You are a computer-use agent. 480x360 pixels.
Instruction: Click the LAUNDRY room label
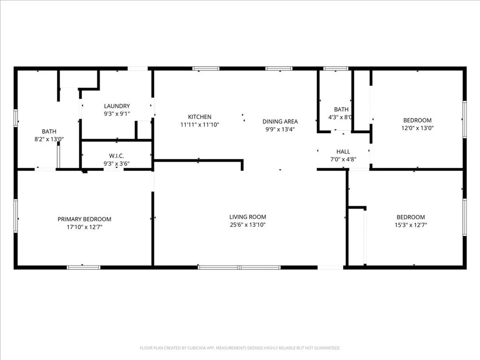117,106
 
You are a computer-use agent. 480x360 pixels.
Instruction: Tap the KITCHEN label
200,117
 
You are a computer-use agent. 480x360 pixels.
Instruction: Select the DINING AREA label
280,121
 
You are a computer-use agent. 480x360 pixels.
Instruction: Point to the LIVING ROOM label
247,217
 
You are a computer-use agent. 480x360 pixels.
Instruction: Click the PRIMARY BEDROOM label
84,219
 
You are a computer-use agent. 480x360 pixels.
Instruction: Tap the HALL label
343,151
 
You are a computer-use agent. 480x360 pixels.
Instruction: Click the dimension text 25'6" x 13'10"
247,225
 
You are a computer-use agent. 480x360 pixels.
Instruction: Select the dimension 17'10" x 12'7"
84,227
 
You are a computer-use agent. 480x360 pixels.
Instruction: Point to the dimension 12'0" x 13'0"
417,128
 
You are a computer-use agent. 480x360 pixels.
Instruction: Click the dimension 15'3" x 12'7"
411,225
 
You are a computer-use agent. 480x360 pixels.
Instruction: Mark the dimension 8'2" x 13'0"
49,139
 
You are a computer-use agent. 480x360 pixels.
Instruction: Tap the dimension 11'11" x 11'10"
200,125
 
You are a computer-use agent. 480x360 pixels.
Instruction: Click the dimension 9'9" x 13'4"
280,129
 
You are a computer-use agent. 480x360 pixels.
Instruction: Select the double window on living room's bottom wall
239,267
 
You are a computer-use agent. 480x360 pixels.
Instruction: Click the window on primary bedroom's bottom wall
83,267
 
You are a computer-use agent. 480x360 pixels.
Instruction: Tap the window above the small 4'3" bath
336,69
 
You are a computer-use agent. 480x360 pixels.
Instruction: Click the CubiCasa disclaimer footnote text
240,348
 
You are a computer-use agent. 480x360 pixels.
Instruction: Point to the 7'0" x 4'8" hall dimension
343,159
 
